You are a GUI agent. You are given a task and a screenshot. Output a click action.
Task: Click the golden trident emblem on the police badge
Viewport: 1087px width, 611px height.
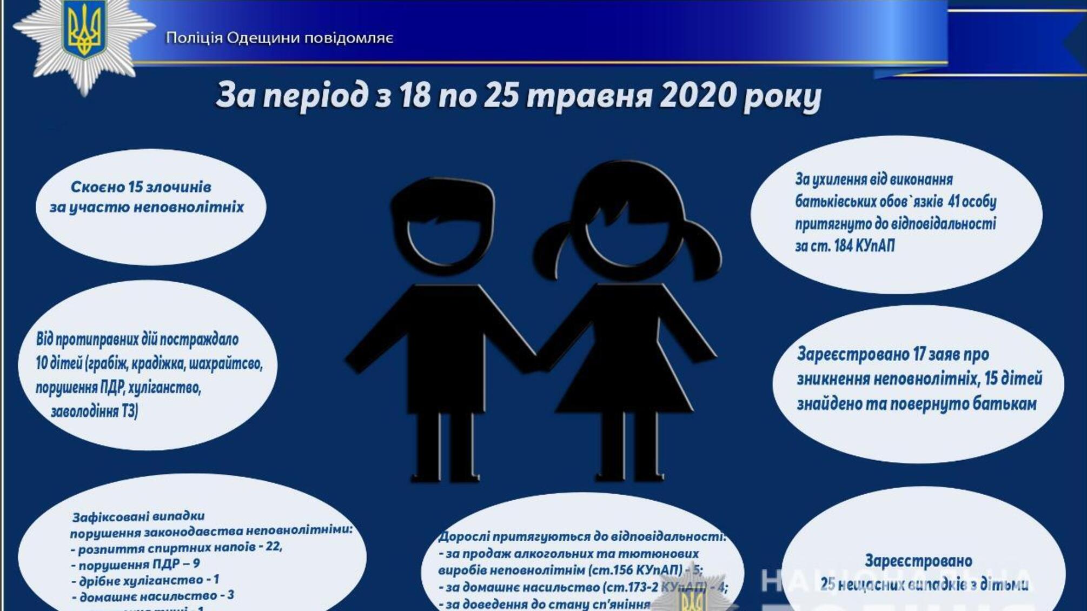[x=84, y=31]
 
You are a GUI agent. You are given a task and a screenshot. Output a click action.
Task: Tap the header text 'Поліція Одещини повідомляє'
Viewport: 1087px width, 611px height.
[x=279, y=38]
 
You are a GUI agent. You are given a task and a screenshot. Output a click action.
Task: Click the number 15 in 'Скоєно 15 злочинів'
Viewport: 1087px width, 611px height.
[x=135, y=187]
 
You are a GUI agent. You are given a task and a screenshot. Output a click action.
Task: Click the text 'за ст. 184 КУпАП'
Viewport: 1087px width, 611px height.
[x=845, y=246]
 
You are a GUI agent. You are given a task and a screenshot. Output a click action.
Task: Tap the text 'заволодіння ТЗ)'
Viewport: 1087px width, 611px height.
[x=94, y=411]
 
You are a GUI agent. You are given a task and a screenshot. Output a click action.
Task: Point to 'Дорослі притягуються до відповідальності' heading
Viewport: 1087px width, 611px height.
[x=581, y=537]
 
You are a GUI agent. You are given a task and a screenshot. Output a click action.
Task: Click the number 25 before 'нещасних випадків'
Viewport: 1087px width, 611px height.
[x=828, y=585]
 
